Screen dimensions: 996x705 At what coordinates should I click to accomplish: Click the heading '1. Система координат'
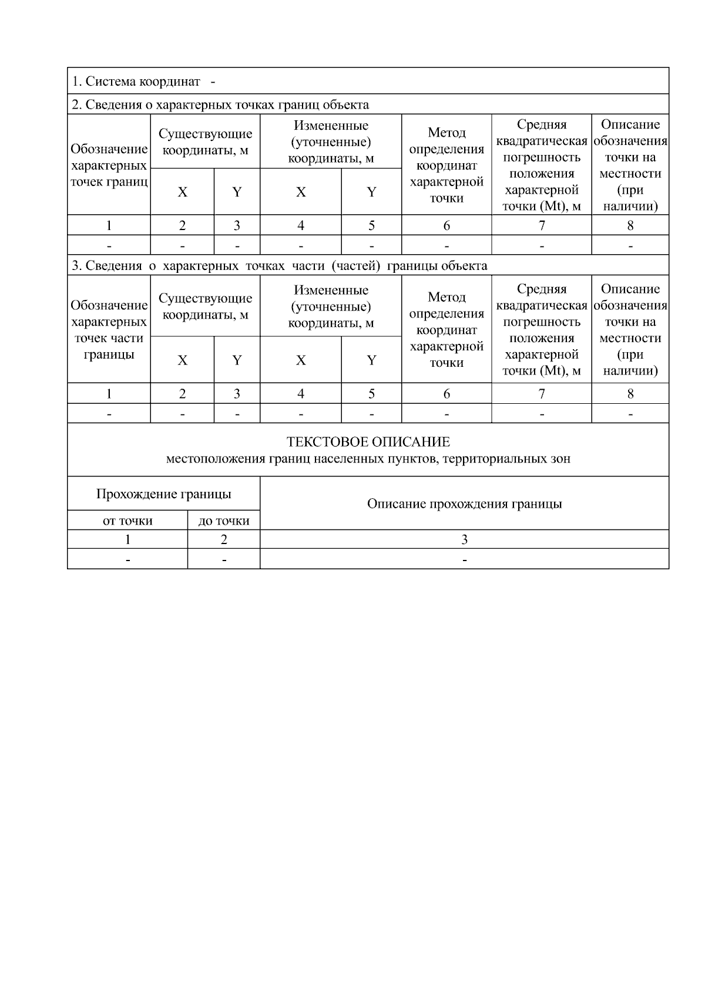(x=136, y=81)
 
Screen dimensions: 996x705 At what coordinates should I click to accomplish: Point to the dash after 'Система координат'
(x=213, y=81)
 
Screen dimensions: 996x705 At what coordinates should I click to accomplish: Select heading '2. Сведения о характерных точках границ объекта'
(x=220, y=104)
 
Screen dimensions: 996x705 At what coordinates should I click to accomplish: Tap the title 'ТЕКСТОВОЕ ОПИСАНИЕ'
(x=368, y=442)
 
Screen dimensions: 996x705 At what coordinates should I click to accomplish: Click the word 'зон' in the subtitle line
(x=560, y=458)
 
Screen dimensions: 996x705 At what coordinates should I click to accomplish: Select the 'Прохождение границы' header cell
(x=163, y=494)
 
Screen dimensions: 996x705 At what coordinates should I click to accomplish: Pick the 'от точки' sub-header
(x=127, y=521)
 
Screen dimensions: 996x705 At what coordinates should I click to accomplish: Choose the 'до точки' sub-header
(x=224, y=521)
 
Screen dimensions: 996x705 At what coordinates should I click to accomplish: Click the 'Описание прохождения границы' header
(x=464, y=504)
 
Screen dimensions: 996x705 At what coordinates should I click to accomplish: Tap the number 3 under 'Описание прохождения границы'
(x=464, y=539)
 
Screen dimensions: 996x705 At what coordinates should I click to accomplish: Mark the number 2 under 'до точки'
(x=224, y=539)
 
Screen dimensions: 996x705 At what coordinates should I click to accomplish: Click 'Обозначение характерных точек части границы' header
(x=109, y=330)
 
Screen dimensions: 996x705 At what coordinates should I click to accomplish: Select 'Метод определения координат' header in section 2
(x=446, y=165)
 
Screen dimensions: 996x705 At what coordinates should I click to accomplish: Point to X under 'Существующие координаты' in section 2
(x=183, y=192)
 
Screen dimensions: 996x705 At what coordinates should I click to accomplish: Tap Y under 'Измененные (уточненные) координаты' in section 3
(x=371, y=360)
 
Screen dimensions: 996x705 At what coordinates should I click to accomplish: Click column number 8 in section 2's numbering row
(x=630, y=225)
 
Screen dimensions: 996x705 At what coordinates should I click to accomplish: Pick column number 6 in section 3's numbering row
(x=446, y=393)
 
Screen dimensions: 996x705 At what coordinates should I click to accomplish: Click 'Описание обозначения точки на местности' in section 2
(x=630, y=165)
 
